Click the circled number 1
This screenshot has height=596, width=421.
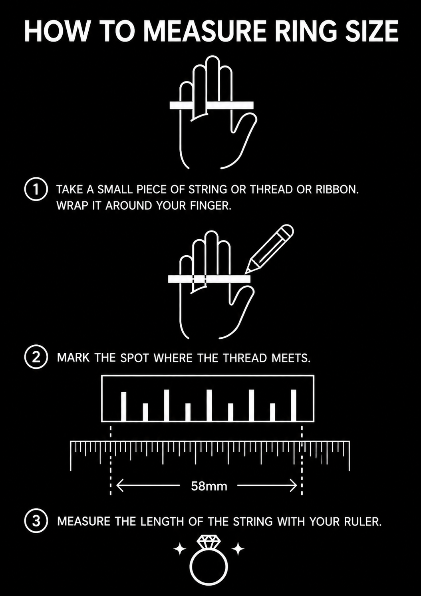coord(36,189)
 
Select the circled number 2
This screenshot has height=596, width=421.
coord(36,357)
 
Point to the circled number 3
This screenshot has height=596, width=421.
coord(36,521)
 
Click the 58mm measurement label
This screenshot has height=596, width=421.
coord(209,487)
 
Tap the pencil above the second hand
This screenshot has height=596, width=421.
coord(269,249)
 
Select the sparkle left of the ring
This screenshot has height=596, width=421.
coord(180,549)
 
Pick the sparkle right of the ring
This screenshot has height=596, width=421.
coord(238,549)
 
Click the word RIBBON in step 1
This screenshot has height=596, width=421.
coord(337,189)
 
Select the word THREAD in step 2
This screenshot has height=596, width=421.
coord(245,358)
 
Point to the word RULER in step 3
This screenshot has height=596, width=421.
coord(363,522)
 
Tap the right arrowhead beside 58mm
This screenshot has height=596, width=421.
coord(293,486)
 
